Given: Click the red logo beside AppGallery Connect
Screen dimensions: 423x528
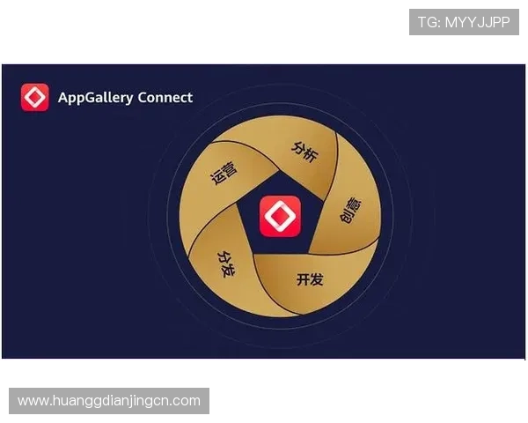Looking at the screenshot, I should pyautogui.click(x=35, y=97).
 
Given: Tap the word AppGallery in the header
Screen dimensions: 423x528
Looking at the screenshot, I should pyautogui.click(x=95, y=97).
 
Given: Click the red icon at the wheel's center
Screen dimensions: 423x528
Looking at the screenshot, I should pyautogui.click(x=280, y=216).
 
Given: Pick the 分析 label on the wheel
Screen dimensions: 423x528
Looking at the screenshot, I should pyautogui.click(x=304, y=150).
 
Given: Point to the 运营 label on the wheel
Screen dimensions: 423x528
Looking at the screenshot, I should pyautogui.click(x=224, y=173).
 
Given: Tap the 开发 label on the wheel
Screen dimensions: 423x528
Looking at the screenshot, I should pyautogui.click(x=310, y=280).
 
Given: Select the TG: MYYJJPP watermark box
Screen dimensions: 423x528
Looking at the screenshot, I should pyautogui.click(x=464, y=22).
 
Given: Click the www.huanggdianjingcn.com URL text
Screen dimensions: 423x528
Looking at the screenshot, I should pyautogui.click(x=109, y=401).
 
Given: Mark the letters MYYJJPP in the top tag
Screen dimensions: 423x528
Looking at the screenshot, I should pyautogui.click(x=480, y=22).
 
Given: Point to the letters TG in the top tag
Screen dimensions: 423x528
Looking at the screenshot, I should pyautogui.click(x=429, y=22).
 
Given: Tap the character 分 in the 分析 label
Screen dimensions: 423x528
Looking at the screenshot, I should pyautogui.click(x=298, y=145).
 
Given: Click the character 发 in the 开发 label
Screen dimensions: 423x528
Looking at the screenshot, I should pyautogui.click(x=317, y=280).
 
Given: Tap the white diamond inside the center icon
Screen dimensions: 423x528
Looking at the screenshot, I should pyautogui.click(x=280, y=216).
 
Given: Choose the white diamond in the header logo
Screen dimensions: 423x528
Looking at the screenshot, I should pyautogui.click(x=35, y=97).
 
